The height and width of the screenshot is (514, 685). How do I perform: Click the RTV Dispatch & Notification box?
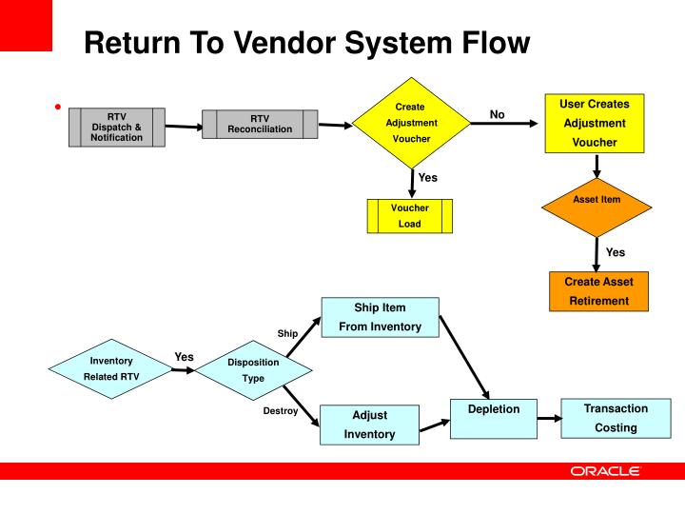point(117,128)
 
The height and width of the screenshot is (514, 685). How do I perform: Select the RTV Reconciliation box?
point(259,124)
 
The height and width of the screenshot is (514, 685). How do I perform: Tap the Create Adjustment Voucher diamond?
point(411,123)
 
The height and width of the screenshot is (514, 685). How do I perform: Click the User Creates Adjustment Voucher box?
point(595,123)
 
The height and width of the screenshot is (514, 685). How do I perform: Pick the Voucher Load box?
point(409,216)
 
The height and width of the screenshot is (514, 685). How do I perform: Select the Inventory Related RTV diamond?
point(111,368)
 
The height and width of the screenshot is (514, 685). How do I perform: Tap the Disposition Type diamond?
point(253,369)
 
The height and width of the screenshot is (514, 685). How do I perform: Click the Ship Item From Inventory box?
point(380,317)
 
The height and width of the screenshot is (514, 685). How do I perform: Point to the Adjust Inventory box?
point(369,425)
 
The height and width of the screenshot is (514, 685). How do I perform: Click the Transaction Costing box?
point(616,418)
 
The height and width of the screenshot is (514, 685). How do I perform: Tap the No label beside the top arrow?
point(497,114)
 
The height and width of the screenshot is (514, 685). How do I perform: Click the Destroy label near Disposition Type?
point(280,411)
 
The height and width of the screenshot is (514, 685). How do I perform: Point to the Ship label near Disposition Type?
point(287,333)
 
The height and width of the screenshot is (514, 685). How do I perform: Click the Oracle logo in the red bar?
point(605,471)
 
